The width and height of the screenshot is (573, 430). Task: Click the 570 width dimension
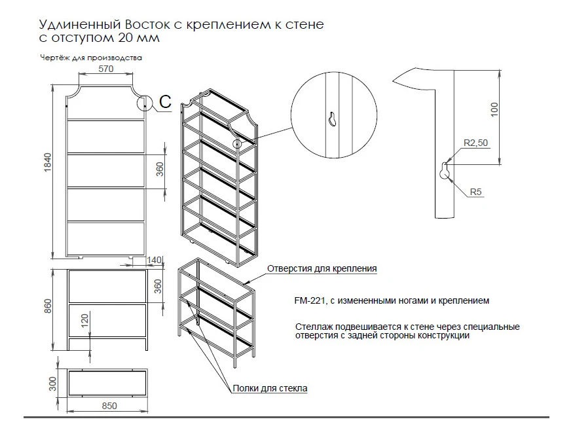coord(106,69)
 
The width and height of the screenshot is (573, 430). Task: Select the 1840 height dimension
coord(46,168)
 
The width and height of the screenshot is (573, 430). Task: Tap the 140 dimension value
coord(155,260)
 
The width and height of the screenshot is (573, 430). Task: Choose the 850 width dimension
coord(109,406)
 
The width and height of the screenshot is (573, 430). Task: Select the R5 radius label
coord(476,192)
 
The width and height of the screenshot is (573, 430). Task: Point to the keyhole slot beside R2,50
coord(445,171)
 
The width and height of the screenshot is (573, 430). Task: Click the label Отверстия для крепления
coord(322,268)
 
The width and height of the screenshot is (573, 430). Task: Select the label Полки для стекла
coord(270,388)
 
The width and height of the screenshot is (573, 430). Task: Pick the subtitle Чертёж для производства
coord(91,58)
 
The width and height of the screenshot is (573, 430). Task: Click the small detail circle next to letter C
coord(145,103)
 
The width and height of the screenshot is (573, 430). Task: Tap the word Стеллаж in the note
coord(313,326)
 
